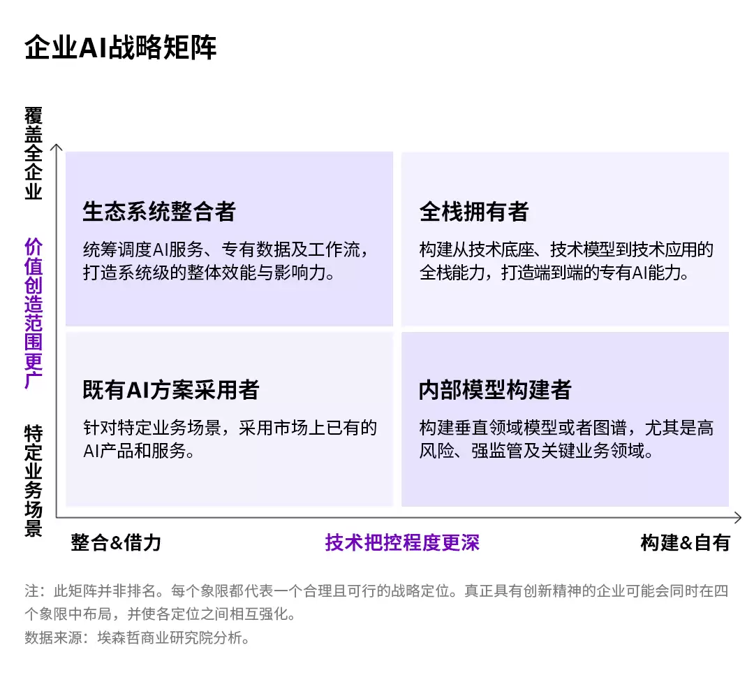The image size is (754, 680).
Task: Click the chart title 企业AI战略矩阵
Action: tap(121, 47)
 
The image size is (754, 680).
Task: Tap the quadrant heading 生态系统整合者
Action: tap(159, 211)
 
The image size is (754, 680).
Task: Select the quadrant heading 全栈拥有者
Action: tap(474, 211)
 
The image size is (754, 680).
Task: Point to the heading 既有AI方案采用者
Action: tap(171, 390)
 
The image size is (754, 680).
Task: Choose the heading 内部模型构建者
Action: tap(495, 390)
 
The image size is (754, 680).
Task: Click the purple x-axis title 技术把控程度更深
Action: tap(403, 542)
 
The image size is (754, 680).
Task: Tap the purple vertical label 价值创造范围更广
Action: tap(34, 313)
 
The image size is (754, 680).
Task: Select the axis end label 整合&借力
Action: tap(116, 542)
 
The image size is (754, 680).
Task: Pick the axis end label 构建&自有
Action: tap(686, 542)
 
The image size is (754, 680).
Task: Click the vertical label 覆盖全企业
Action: tap(34, 153)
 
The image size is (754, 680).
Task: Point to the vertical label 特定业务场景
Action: tap(34, 480)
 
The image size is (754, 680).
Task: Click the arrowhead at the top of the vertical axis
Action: tap(57, 146)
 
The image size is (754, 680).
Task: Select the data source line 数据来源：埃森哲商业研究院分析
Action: tap(137, 637)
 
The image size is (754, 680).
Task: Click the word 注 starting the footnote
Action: tap(31, 591)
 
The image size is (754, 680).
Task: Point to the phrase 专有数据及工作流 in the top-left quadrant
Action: tap(290, 249)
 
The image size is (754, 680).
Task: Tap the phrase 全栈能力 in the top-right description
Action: tap(452, 273)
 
